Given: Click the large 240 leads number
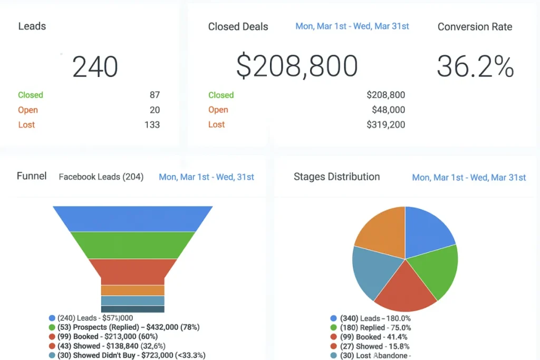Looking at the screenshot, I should click(x=95, y=67).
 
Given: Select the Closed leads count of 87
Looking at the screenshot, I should click(x=155, y=95).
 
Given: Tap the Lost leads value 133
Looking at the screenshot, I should click(x=152, y=125).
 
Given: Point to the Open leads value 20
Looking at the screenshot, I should click(x=155, y=110).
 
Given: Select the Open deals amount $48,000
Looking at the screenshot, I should click(x=388, y=110).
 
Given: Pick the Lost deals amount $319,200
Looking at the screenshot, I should click(x=385, y=125).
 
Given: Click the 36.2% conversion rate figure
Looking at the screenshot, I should click(x=475, y=67).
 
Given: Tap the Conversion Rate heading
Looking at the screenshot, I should click(x=475, y=27).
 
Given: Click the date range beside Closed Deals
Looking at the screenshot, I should click(x=352, y=26).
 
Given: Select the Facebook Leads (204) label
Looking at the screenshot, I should click(x=101, y=177).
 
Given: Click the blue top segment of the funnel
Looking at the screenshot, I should click(x=132, y=218).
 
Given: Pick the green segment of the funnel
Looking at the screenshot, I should click(x=132, y=245).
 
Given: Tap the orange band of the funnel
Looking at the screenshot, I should click(x=132, y=290).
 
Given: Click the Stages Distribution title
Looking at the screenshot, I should click(x=336, y=177).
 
